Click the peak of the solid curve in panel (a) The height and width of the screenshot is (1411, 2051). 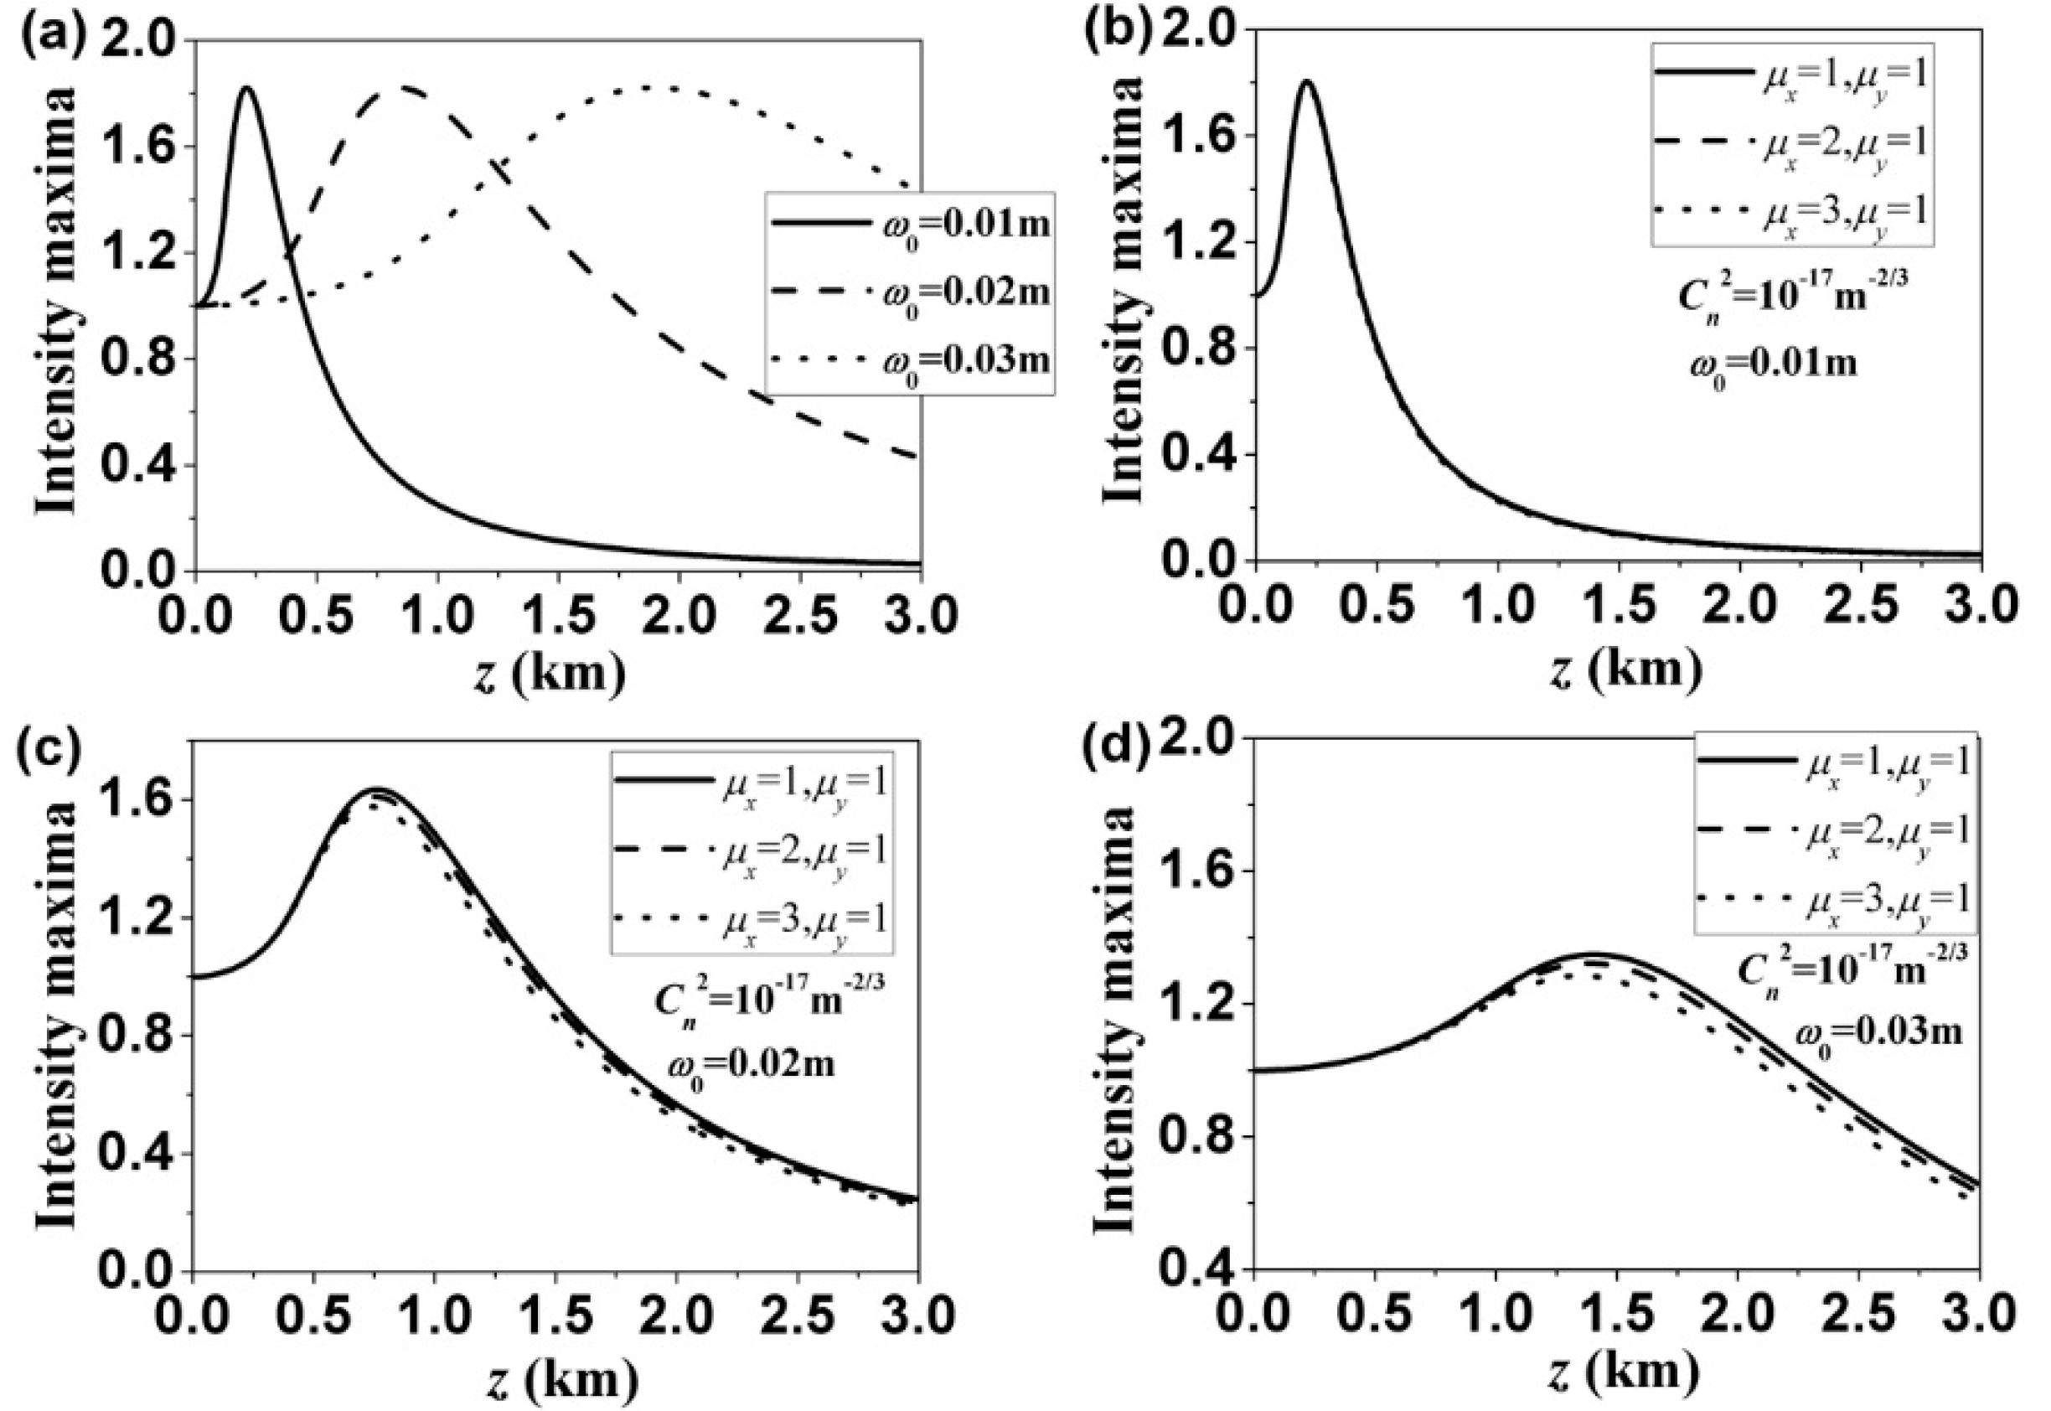[245, 87]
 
